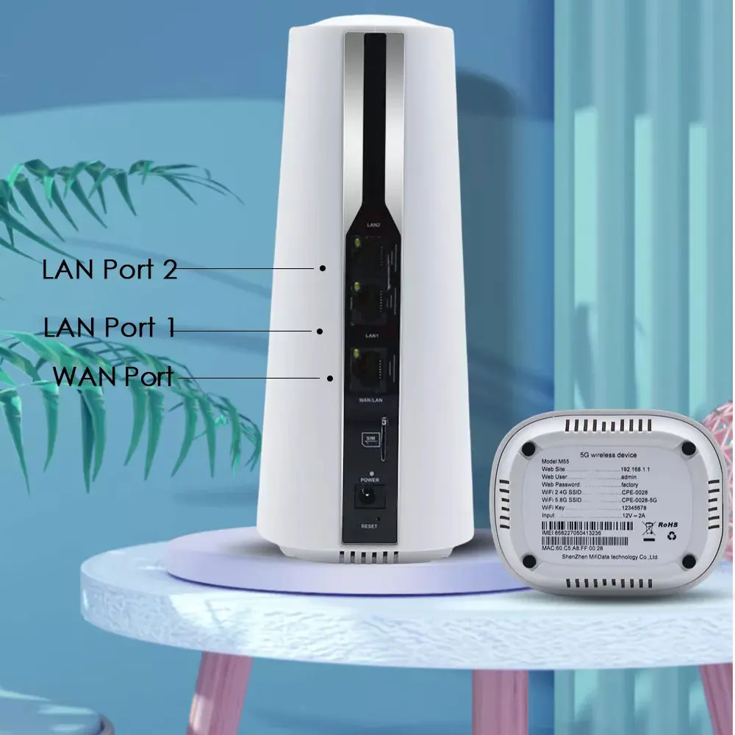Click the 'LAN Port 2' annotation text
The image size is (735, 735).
pos(110,269)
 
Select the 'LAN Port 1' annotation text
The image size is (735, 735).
pos(110,327)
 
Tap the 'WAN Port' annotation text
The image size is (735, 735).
pos(113,376)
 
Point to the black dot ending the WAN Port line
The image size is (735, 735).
pos(331,379)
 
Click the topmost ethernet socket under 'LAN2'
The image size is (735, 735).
pos(366,254)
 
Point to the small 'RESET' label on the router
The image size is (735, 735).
pos(369,526)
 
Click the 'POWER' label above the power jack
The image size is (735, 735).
pos(369,479)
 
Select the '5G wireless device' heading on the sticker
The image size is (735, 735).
pos(609,456)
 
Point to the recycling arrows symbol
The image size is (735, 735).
pos(670,536)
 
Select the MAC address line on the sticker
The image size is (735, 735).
pos(572,548)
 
